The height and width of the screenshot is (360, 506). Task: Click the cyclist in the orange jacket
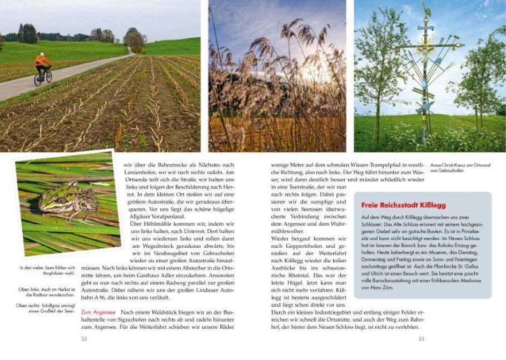tap(42, 67)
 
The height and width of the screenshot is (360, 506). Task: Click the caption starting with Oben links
tap(46, 292)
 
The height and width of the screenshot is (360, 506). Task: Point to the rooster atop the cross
tap(426, 9)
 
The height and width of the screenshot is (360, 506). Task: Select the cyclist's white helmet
tap(42, 54)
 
